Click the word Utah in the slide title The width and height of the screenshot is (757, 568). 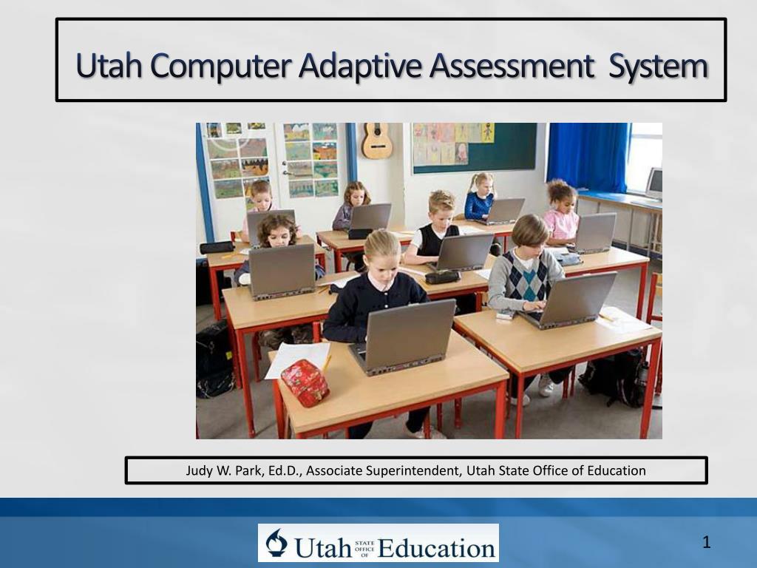pyautogui.click(x=109, y=65)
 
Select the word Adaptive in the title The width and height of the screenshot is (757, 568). pyautogui.click(x=360, y=67)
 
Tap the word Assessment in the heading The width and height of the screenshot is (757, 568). pyautogui.click(x=512, y=66)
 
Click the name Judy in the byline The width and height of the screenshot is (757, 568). pyautogui.click(x=198, y=471)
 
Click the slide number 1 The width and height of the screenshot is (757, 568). pyautogui.click(x=706, y=542)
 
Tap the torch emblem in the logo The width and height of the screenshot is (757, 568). pyautogui.click(x=276, y=543)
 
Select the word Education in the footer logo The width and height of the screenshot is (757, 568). pyautogui.click(x=436, y=548)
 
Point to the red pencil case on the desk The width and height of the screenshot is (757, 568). pyautogui.click(x=305, y=382)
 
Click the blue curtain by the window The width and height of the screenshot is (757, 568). pyautogui.click(x=588, y=158)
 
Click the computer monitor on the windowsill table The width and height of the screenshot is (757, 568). pyautogui.click(x=655, y=183)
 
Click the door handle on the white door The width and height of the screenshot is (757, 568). pyautogui.click(x=288, y=172)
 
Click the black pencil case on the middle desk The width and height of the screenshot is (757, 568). pyautogui.click(x=442, y=277)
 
